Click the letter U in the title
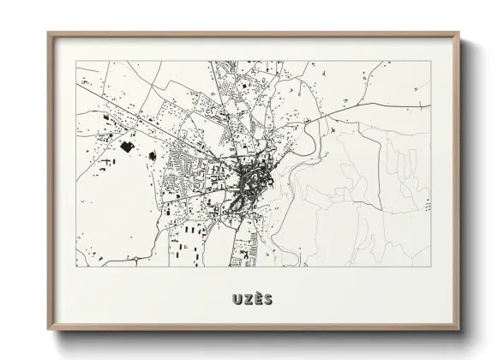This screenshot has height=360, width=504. tap(236, 299)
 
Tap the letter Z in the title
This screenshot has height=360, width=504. tap(247, 299)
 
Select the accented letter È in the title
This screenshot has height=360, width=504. tap(258, 299)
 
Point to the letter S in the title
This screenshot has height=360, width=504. tap(268, 299)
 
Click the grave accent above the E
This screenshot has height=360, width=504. tap(258, 293)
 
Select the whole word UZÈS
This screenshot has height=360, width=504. tap(252, 299)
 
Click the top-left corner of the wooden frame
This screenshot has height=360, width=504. tap(49, 33)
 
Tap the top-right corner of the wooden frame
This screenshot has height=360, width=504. tap(459, 33)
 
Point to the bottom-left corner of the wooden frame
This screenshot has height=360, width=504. tap(49, 330)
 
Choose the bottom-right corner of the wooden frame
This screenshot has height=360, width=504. tap(459, 330)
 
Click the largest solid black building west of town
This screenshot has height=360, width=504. tap(127, 146)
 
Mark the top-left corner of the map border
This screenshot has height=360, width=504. tap(75, 61)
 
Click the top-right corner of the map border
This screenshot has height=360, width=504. tap(430, 61)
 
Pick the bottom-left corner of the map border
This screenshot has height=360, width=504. tap(75, 267)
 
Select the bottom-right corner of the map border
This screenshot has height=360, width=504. tap(430, 267)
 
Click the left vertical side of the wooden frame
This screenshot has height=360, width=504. tap(50, 182)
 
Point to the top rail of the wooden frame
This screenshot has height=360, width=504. tap(254, 34)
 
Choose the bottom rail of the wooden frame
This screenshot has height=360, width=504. tap(254, 329)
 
